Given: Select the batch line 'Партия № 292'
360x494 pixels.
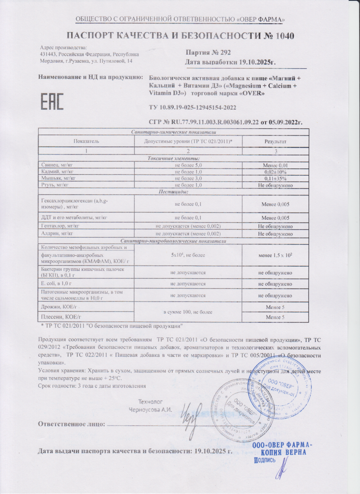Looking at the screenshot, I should (208, 53).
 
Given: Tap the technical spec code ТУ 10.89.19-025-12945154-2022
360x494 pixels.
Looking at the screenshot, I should (193, 108).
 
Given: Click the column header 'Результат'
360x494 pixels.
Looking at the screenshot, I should (275, 141).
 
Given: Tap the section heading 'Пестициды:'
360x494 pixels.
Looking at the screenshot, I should (174, 192).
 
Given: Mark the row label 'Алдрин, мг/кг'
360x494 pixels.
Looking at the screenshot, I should (57, 233).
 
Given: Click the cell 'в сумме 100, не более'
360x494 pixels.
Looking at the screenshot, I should (188, 312).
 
